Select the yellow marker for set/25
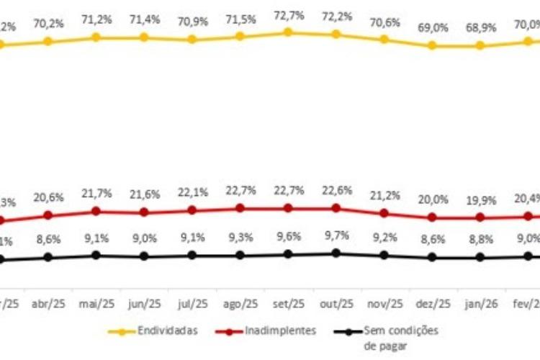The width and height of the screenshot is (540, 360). click(288, 32)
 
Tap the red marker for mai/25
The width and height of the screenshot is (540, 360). click(96, 212)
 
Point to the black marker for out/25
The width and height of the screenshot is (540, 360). click(336, 253)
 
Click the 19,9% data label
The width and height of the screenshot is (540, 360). click(480, 201)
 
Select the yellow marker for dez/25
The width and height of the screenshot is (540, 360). click(432, 45)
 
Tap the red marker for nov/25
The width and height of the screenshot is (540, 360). click(384, 213)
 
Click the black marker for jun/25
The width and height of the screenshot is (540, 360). click(144, 256)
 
